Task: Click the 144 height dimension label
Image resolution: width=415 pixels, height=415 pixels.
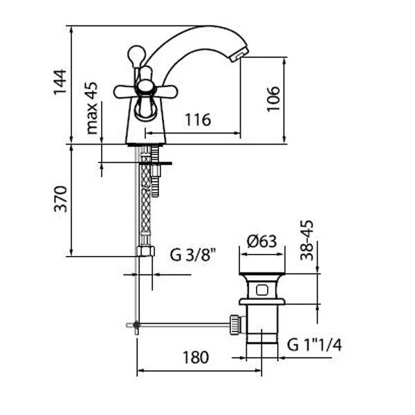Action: pos(59,82)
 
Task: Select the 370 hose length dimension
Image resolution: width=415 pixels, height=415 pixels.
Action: pos(60,199)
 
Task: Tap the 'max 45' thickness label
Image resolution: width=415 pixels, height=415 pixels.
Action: pos(92,108)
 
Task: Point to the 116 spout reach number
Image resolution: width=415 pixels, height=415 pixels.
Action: pos(198,120)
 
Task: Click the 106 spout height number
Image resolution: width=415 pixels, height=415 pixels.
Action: pos(273,99)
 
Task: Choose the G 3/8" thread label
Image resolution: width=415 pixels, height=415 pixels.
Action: pos(193,255)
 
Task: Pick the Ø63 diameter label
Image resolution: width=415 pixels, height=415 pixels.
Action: pos(261,241)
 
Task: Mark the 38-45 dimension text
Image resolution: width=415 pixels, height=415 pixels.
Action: pos(306,240)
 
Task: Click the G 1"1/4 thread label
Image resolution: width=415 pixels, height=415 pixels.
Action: pos(315,345)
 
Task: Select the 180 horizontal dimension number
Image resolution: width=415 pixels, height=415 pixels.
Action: pos(196,357)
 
